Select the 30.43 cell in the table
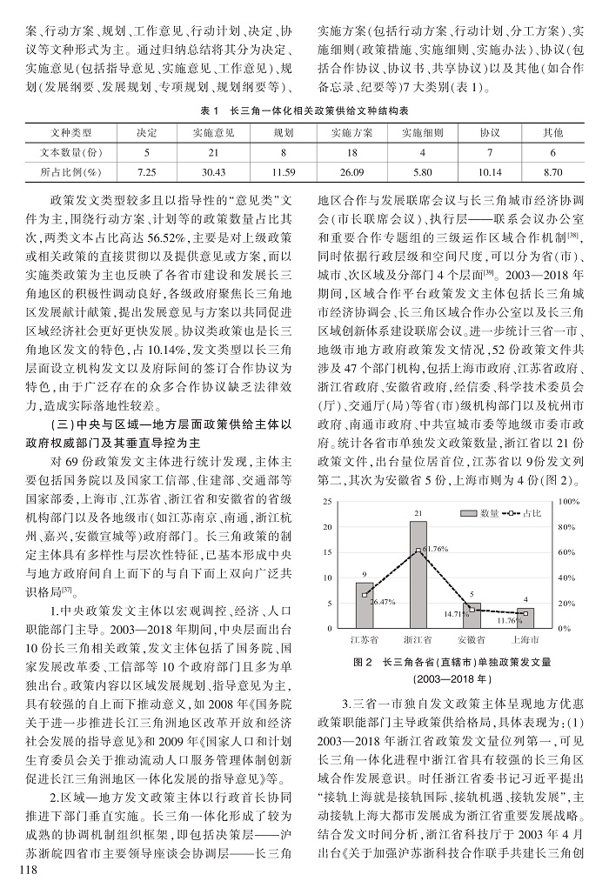[212, 172]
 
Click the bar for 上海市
[525, 618]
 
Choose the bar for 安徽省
[472, 615]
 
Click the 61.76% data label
[432, 550]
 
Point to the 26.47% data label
[383, 602]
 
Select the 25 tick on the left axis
[327, 503]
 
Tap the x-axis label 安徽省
[472, 639]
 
